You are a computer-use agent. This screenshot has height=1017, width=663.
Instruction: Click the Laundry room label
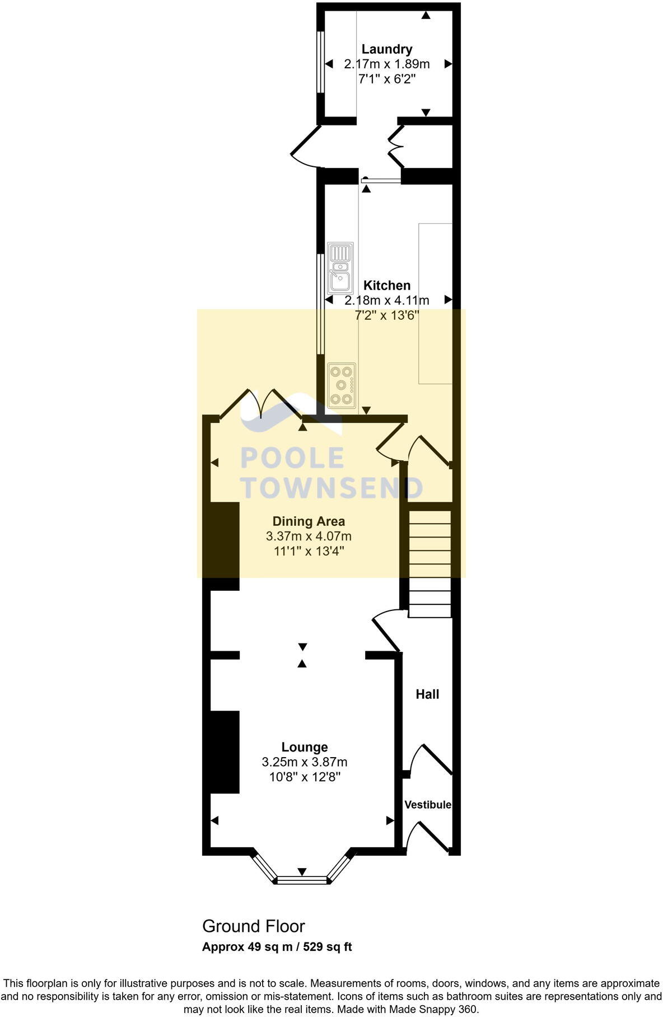[386, 49]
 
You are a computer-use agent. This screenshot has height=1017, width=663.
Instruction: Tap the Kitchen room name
[386, 286]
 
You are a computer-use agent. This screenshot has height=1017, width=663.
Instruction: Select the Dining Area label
[309, 521]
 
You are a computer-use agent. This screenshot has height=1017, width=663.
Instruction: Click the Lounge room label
[305, 747]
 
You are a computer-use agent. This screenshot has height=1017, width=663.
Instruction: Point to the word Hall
[427, 694]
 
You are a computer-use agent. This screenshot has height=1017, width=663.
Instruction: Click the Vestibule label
[428, 805]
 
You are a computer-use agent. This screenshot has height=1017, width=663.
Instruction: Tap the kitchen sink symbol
[340, 268]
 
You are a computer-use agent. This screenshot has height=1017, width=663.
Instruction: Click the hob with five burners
[342, 385]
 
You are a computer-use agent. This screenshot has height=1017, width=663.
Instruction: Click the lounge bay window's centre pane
[302, 880]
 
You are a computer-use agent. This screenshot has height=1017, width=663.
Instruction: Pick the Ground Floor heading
[254, 926]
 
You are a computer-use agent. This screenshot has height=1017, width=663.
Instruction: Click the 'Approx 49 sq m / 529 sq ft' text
[277, 947]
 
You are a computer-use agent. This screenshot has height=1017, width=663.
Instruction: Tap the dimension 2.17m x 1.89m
[386, 64]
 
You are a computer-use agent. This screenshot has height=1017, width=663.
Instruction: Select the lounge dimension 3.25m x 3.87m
[305, 762]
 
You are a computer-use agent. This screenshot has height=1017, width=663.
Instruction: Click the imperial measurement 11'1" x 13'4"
[309, 551]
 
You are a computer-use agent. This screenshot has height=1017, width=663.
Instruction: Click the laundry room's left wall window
[320, 62]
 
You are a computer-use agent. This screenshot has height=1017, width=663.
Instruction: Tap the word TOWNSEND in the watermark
[332, 488]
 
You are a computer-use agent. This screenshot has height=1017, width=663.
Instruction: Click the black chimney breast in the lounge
[224, 752]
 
